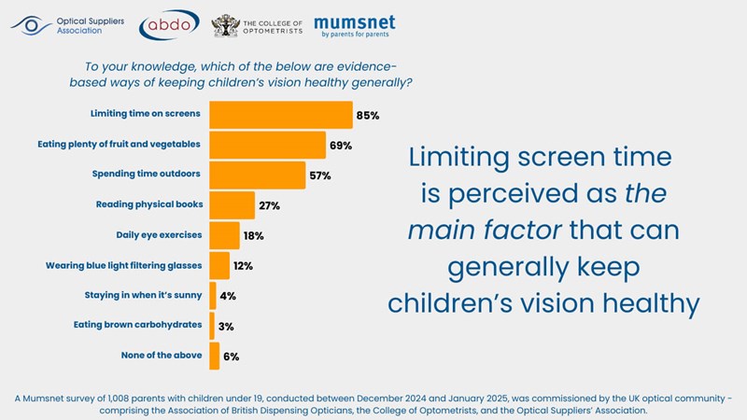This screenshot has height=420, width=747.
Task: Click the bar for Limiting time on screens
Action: point(280,115)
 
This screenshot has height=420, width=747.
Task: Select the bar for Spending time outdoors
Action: point(257,175)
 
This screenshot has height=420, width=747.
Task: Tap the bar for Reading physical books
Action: point(232,204)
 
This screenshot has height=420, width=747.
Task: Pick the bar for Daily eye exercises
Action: point(224,235)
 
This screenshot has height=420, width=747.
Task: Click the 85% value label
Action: point(367,116)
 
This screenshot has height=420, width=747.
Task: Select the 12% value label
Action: point(243,266)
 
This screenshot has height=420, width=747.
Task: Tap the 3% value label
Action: point(227,326)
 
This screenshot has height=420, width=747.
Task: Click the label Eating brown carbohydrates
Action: point(138,326)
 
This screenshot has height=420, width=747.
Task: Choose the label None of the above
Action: point(162,356)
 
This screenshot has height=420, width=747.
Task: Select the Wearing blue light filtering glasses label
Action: point(124,266)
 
